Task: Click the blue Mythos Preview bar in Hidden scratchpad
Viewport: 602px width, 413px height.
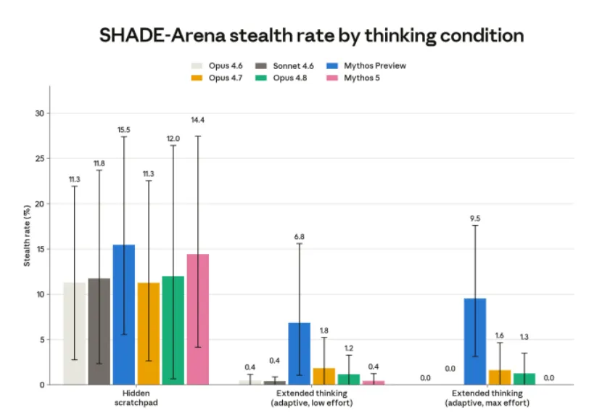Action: coord(123,314)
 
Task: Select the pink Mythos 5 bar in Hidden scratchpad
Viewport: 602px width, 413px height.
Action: coord(198,319)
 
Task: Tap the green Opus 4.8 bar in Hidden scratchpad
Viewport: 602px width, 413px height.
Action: coord(173,330)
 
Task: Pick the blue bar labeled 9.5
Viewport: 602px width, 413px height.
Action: coord(475,341)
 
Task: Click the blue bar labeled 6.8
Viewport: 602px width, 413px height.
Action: coord(299,353)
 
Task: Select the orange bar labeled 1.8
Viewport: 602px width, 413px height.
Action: coord(324,376)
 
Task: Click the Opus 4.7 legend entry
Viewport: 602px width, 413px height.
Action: coord(217,78)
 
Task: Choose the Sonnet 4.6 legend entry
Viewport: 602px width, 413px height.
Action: coord(284,66)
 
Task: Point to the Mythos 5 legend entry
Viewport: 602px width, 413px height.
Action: coord(353,78)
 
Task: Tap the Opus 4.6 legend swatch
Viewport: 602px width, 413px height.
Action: coord(197,66)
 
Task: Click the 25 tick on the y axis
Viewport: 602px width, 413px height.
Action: coord(40,158)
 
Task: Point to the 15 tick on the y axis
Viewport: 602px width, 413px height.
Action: coord(40,249)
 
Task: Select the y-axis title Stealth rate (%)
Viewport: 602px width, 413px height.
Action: coord(27,236)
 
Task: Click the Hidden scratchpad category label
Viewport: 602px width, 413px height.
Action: coord(136,398)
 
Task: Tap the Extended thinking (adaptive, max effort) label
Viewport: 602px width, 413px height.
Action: coord(487,398)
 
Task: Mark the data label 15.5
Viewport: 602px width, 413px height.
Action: coord(123,130)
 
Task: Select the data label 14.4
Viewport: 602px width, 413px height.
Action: coord(198,120)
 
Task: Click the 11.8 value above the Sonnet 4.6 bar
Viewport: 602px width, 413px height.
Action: coord(99,163)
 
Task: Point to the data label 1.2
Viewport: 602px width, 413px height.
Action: coord(349,348)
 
